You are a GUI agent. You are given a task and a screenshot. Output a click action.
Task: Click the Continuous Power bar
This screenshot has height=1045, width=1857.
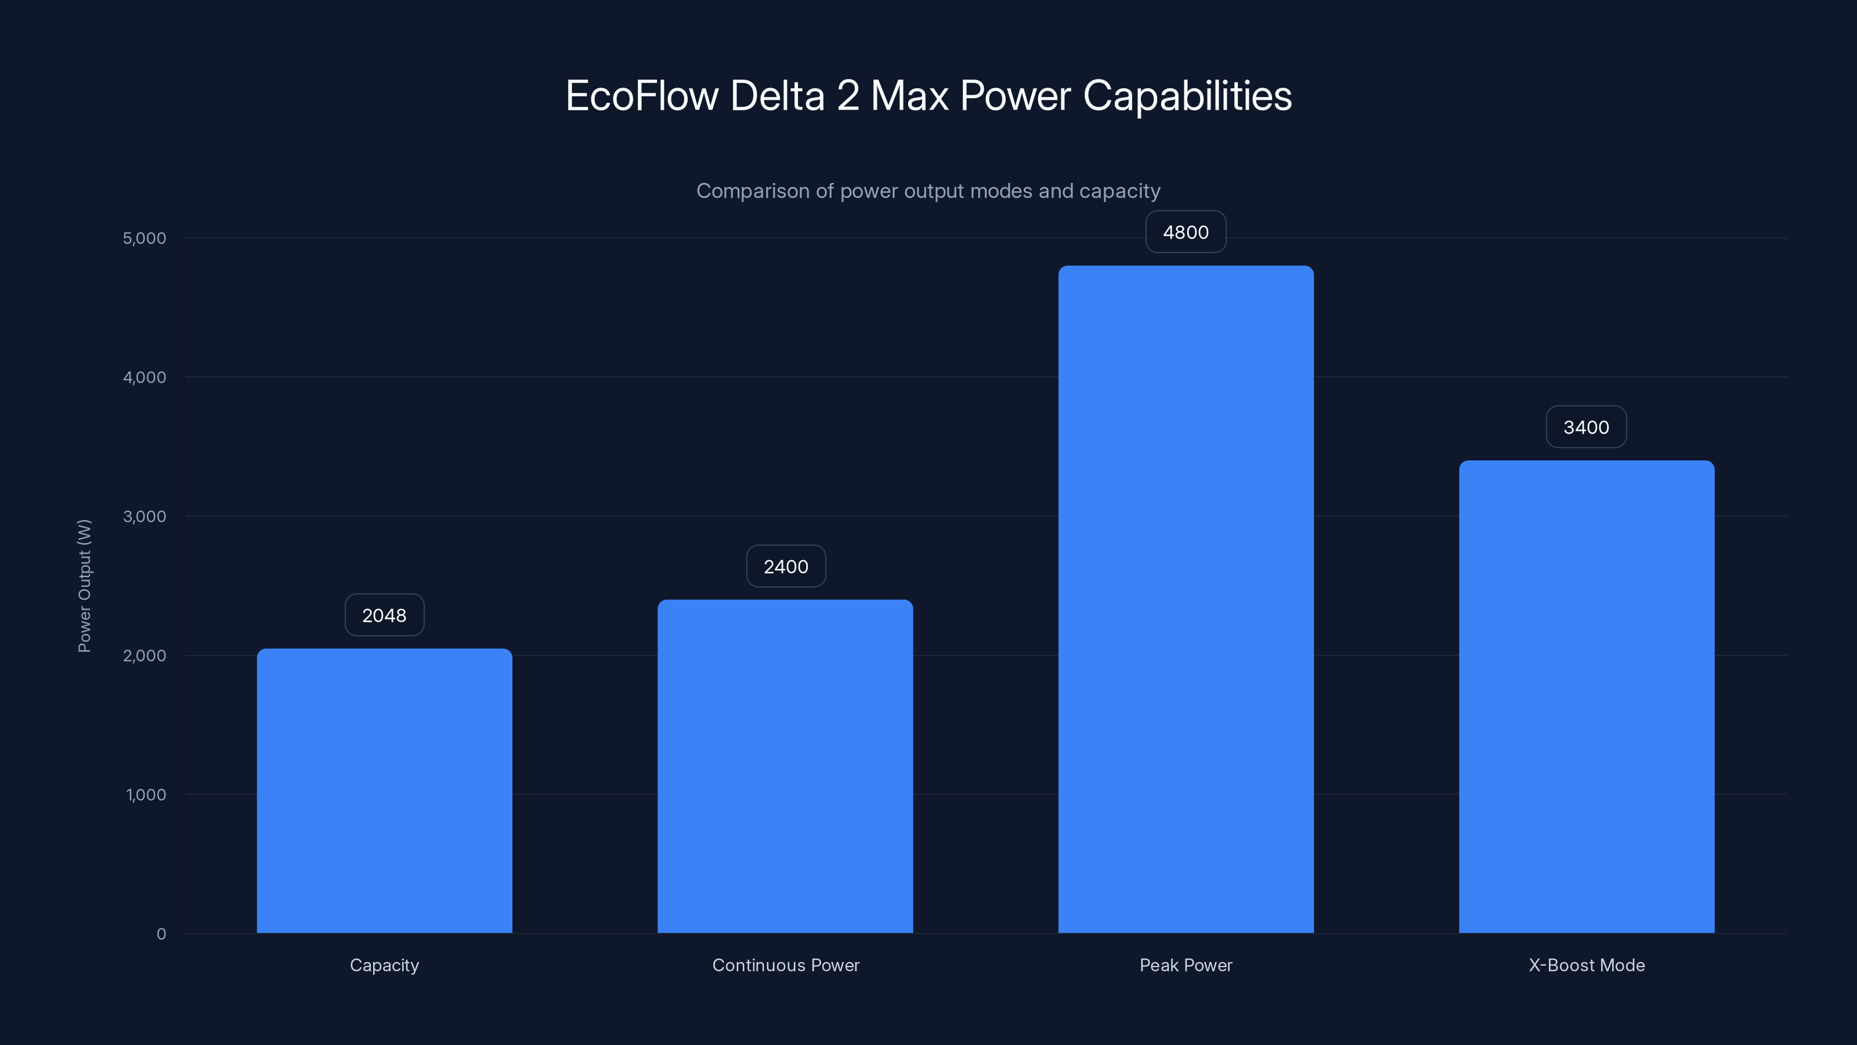pyautogui.click(x=785, y=766)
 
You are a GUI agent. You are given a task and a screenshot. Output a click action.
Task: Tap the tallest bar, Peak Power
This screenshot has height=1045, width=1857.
pyautogui.click(x=1186, y=599)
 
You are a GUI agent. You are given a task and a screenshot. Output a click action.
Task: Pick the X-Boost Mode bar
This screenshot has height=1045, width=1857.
pyautogui.click(x=1586, y=697)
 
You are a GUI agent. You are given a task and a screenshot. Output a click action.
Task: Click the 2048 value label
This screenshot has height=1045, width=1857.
pyautogui.click(x=384, y=615)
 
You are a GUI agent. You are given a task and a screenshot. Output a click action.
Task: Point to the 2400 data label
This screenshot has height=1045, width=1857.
pyautogui.click(x=786, y=567)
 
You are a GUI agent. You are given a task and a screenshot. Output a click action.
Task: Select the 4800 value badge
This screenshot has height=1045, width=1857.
pyautogui.click(x=1186, y=232)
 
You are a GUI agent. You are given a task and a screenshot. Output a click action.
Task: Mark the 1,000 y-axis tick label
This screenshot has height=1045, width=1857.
pyautogui.click(x=146, y=795)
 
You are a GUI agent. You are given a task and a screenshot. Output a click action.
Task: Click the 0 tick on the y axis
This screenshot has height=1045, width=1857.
pyautogui.click(x=161, y=934)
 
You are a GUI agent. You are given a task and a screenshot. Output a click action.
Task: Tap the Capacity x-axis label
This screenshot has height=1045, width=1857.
pyautogui.click(x=384, y=965)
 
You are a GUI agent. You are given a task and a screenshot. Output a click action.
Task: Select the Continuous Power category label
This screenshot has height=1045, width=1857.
pyautogui.click(x=786, y=965)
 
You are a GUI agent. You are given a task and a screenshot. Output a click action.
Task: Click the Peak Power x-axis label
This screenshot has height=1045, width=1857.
pyautogui.click(x=1186, y=965)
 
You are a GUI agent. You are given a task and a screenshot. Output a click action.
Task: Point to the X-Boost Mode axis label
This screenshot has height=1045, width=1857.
pyautogui.click(x=1587, y=965)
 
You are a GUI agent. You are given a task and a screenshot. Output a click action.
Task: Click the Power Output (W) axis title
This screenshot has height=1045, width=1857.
pyautogui.click(x=84, y=586)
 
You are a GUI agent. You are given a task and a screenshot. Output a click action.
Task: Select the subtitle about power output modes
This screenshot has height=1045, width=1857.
pyautogui.click(x=928, y=191)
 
